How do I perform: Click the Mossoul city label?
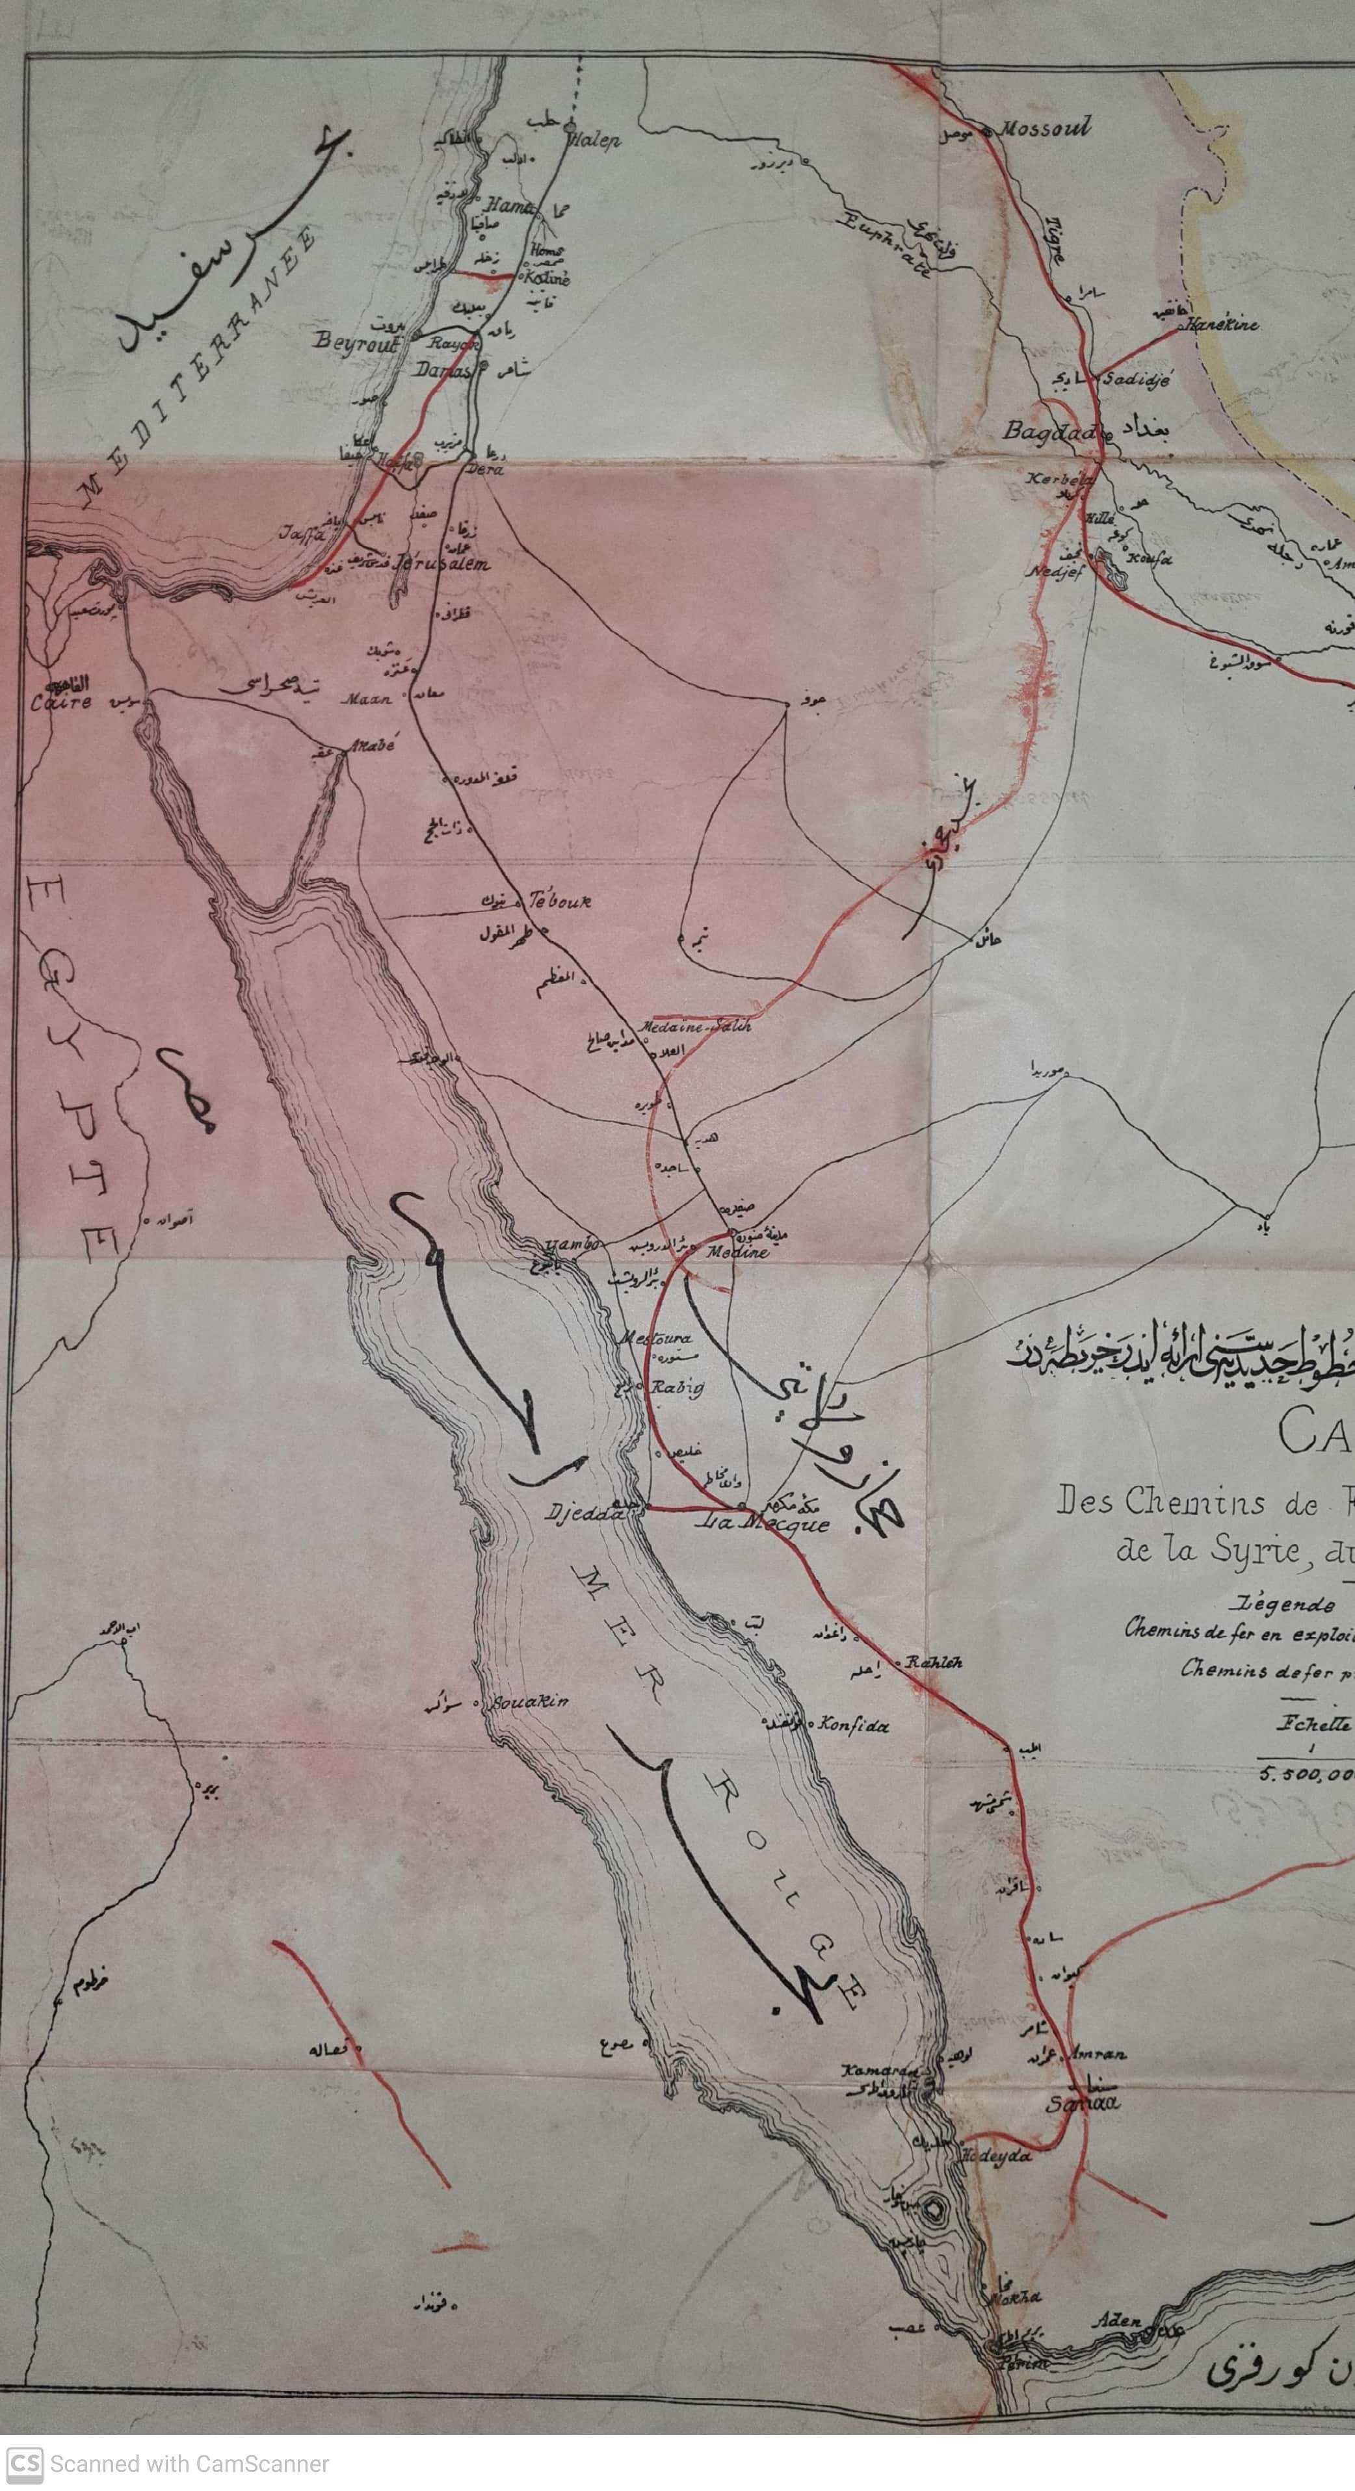(1045, 127)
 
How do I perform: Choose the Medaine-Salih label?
(696, 1027)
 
